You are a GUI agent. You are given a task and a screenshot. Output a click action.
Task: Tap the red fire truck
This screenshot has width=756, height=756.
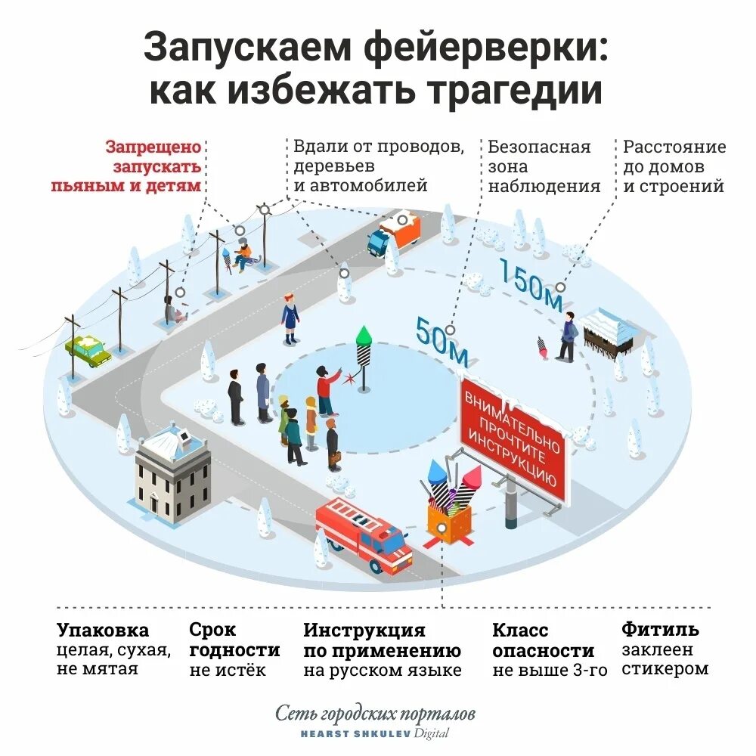[x=363, y=534]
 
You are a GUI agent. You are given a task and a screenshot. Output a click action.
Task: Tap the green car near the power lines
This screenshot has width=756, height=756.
[x=88, y=351]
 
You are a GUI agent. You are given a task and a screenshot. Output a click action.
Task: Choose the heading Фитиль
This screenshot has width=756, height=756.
[x=660, y=629]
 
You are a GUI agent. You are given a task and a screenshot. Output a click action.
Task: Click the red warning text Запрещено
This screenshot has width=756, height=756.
[x=153, y=147]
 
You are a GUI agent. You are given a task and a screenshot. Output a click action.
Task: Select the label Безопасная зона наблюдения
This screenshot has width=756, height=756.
[x=543, y=166]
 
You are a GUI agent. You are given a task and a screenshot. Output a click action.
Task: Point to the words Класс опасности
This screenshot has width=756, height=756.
[x=543, y=640]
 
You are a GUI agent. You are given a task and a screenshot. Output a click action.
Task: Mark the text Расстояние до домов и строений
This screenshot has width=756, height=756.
[x=674, y=166]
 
